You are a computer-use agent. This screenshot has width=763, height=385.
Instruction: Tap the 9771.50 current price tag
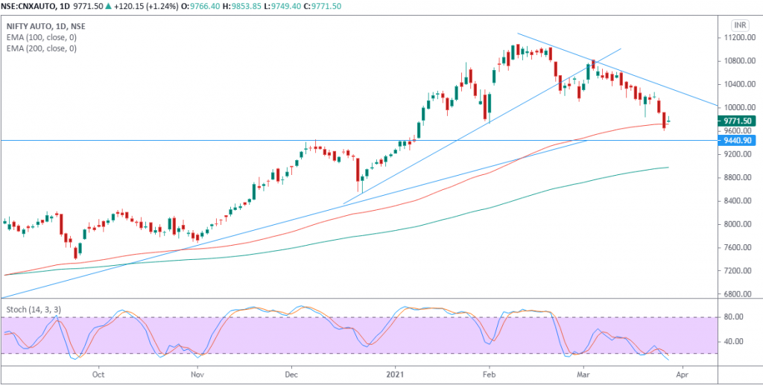(739, 121)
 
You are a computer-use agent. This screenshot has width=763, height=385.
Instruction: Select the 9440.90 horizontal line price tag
(739, 140)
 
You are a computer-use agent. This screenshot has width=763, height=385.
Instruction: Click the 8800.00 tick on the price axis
(738, 178)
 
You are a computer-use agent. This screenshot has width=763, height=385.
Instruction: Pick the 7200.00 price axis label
(738, 271)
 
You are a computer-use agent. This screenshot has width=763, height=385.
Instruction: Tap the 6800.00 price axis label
(738, 294)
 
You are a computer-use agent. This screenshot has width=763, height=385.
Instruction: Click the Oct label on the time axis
(98, 375)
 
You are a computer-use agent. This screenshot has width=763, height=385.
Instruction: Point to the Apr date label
(680, 375)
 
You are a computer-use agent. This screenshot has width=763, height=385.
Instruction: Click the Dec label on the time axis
(291, 375)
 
